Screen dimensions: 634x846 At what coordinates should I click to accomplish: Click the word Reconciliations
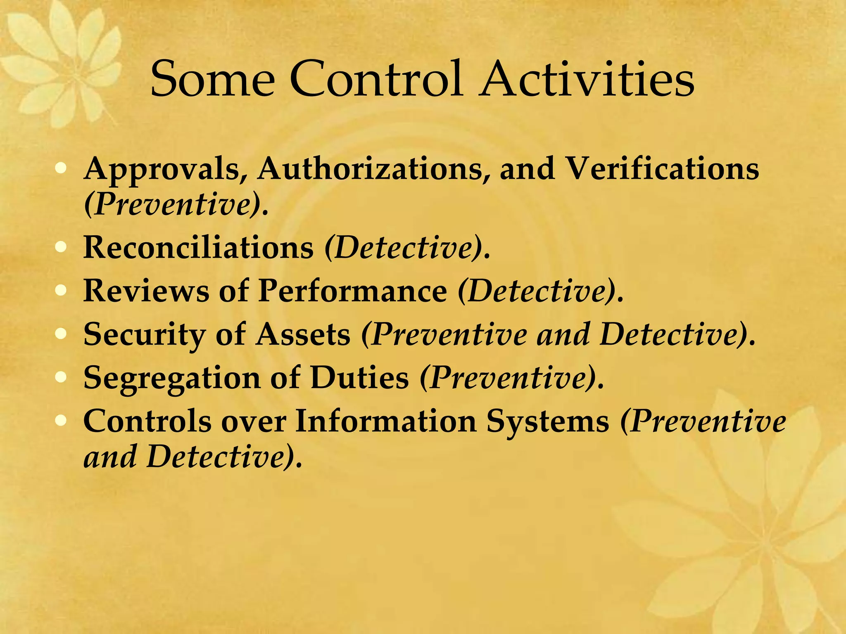coord(199,248)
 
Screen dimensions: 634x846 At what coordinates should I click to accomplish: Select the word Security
coord(145,334)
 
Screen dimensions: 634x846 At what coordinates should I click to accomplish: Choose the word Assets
coord(303,334)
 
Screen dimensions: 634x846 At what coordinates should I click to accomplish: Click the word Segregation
coord(172,378)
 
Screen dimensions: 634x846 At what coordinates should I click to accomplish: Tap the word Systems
coord(547,422)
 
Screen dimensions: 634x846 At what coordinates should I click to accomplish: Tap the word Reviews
coord(146,291)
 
